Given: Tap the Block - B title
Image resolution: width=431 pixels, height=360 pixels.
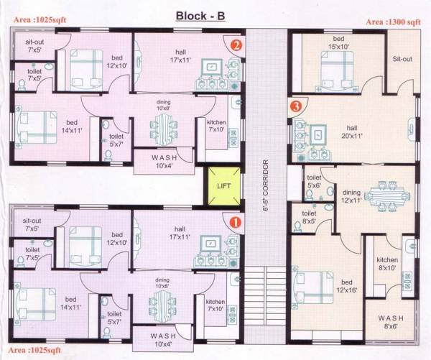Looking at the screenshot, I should (x=201, y=16).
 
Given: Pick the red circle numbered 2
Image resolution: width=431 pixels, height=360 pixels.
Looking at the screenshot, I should (x=235, y=45).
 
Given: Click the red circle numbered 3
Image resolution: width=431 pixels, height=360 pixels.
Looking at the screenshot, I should (x=295, y=106).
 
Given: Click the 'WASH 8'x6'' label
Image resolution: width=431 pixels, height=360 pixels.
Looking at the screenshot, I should (x=391, y=321).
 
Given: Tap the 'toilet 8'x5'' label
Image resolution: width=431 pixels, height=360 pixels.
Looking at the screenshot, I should (x=310, y=218).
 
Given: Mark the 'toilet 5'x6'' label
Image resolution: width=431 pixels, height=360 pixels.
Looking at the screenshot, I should (x=314, y=180).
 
